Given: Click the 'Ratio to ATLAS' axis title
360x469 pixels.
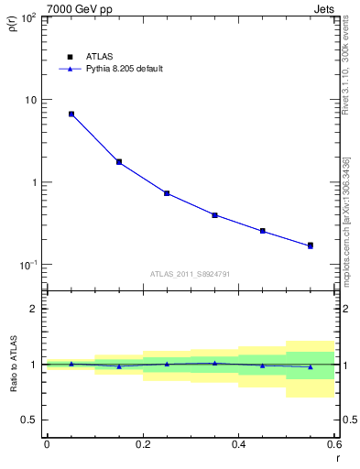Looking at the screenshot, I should click(12, 364).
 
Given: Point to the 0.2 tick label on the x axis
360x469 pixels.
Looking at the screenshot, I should click(142, 444).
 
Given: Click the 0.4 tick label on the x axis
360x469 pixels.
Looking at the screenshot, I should click(238, 444).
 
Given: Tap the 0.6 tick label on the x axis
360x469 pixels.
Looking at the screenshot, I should click(333, 444).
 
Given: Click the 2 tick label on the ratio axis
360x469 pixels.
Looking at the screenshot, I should click(35, 309).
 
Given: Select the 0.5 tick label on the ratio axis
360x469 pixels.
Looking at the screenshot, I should click(30, 420).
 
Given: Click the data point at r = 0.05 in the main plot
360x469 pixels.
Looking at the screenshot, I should click(71, 115).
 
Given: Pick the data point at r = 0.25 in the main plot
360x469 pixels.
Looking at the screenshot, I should click(167, 193).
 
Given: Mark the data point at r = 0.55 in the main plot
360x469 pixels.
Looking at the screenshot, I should click(311, 245).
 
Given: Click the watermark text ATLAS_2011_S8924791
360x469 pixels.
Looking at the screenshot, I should click(191, 273).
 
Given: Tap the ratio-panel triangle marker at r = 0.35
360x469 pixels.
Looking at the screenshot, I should click(214, 363).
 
